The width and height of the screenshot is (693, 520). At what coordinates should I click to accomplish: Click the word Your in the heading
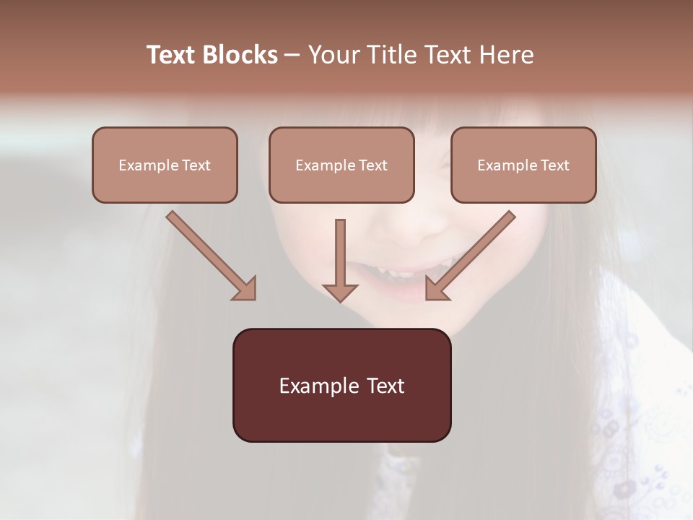(x=332, y=55)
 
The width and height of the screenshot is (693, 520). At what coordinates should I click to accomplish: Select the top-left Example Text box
(x=165, y=165)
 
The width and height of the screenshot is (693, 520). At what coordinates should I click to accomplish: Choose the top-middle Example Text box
(x=341, y=165)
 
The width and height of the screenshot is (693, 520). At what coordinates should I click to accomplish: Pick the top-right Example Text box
(x=523, y=165)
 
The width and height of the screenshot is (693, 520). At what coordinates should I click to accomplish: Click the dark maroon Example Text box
(x=341, y=385)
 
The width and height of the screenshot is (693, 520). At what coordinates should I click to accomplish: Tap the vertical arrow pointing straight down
(x=340, y=256)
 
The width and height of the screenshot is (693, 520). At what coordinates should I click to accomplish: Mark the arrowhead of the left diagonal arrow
(x=245, y=289)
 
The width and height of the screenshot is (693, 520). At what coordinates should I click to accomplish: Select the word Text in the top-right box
(x=555, y=165)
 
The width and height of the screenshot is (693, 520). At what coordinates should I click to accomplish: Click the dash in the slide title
(x=292, y=55)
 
